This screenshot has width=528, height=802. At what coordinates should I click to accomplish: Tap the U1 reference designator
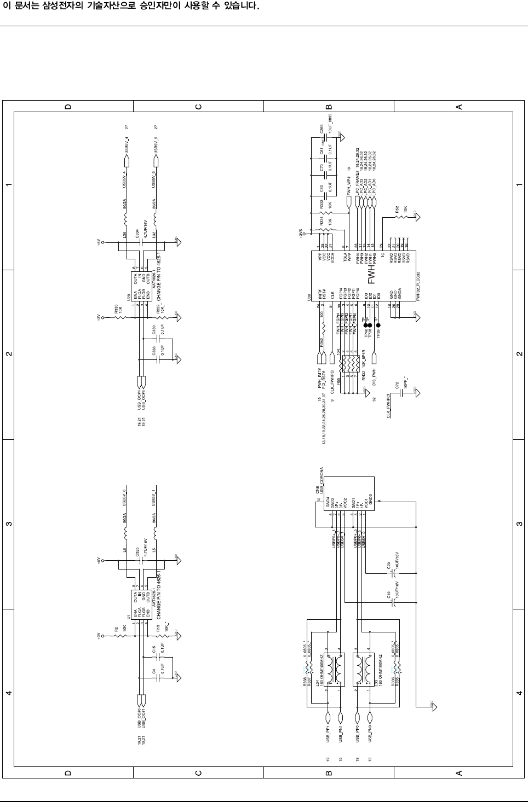(x=129, y=617)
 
